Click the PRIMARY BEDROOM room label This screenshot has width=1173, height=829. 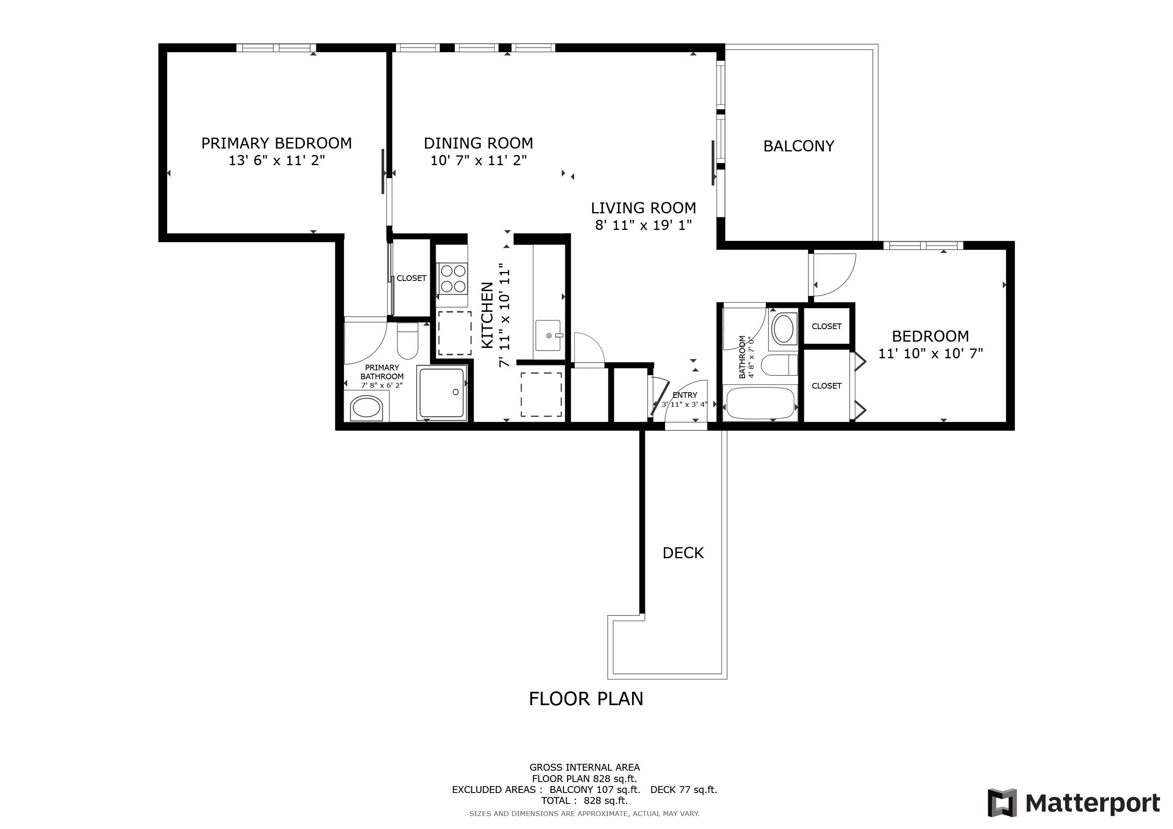click(276, 143)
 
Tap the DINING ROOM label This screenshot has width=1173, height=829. click(478, 143)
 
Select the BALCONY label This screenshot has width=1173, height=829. click(798, 147)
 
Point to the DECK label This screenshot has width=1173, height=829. click(683, 553)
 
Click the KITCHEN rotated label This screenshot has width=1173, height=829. click(488, 315)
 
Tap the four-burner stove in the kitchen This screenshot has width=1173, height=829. click(452, 278)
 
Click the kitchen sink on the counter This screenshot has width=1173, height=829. click(548, 336)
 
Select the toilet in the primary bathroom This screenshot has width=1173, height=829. click(408, 341)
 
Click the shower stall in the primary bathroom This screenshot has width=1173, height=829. click(442, 393)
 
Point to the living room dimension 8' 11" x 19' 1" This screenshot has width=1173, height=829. click(644, 225)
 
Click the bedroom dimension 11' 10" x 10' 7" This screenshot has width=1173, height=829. click(930, 353)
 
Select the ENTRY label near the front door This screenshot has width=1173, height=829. click(685, 395)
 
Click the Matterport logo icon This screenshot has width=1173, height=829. click(1002, 803)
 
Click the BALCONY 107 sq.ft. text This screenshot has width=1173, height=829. click(595, 790)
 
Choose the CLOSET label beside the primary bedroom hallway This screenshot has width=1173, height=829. click(411, 278)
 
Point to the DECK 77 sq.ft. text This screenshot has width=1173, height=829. click(684, 790)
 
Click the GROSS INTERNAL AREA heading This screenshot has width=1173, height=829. click(584, 767)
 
